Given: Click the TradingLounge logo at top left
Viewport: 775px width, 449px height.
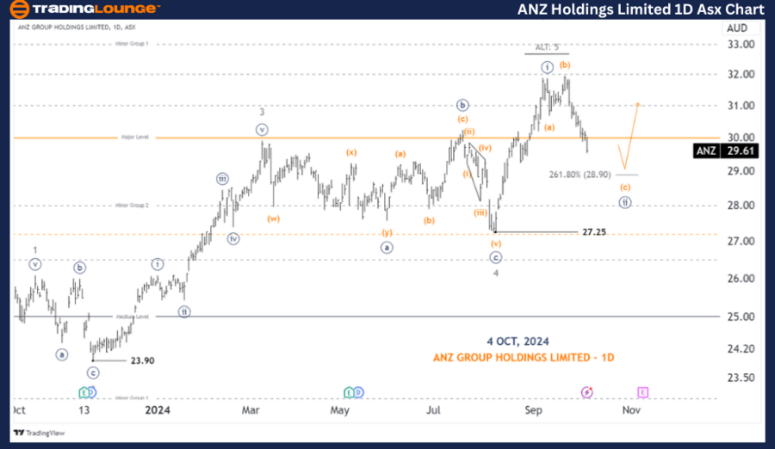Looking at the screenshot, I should pos(84,10).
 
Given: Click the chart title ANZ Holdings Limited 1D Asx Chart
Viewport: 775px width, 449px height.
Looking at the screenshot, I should pos(641,10).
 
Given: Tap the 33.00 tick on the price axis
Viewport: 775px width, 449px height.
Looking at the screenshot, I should pos(743,44).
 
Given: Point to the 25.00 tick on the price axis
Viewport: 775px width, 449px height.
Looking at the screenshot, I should pos(743,317).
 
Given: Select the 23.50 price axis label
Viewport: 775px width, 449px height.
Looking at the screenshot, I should pos(743,378).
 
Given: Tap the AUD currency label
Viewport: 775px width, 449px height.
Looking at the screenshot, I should pos(736,28).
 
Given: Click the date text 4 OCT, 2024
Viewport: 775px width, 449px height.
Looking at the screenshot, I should pos(517,341).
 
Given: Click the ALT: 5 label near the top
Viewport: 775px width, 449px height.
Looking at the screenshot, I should pos(548,46).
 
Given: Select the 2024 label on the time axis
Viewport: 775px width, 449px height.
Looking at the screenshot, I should pos(158,411).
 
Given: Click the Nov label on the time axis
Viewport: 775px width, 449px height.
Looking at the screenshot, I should pos(631,411).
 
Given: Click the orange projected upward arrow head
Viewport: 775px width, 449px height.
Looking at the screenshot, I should pos(638,104).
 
